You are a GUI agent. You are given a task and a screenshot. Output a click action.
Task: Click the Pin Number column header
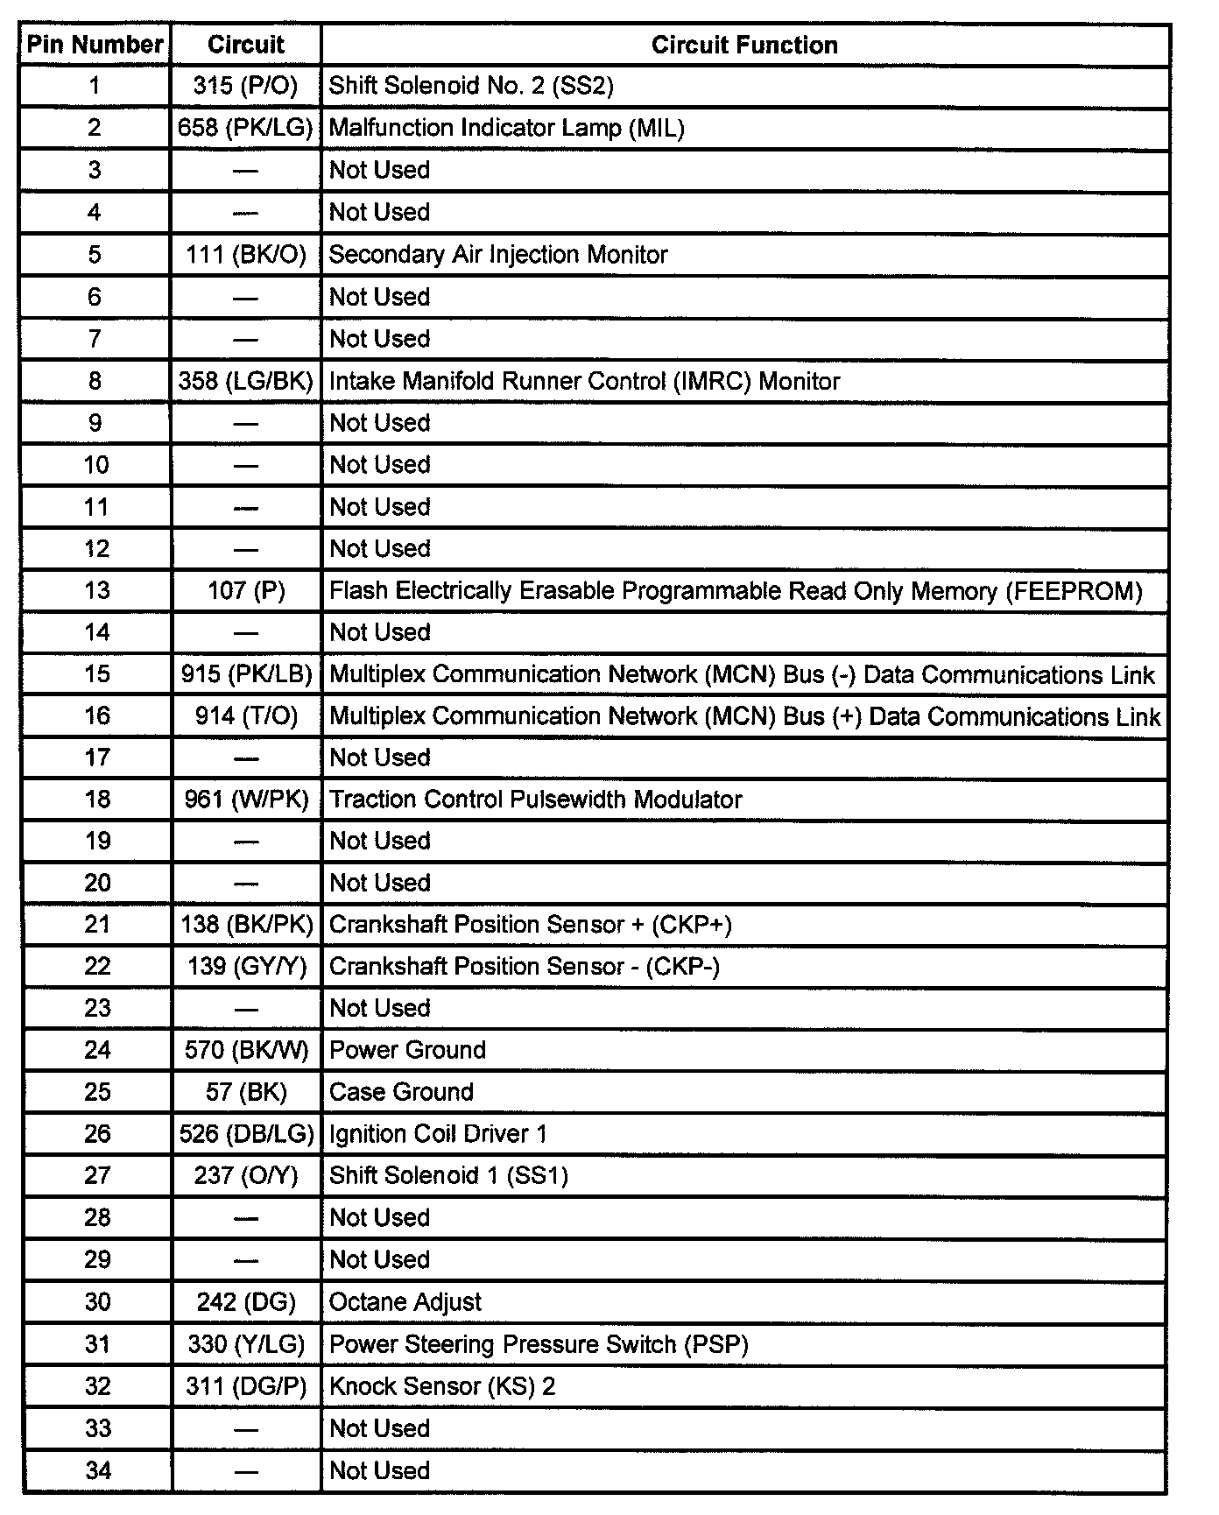click(x=95, y=45)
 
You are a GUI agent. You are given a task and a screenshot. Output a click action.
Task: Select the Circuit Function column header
click(x=744, y=46)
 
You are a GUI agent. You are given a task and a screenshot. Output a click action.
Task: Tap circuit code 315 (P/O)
click(x=245, y=86)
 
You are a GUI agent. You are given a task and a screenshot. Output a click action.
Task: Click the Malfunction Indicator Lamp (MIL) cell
click(x=506, y=129)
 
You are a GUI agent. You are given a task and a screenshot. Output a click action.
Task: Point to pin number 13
click(x=97, y=590)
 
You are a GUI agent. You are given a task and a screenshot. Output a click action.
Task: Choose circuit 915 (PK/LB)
click(x=246, y=674)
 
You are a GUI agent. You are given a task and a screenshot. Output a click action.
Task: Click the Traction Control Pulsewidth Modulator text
click(x=535, y=800)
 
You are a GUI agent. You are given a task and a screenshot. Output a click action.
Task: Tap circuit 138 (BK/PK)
click(x=246, y=925)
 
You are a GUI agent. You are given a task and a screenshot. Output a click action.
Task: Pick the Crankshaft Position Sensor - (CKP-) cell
click(x=524, y=967)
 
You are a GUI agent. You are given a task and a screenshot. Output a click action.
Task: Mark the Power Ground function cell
click(x=407, y=1050)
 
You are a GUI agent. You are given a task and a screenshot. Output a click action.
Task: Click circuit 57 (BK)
click(x=246, y=1092)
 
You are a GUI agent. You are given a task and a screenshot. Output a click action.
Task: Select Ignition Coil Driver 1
click(x=438, y=1134)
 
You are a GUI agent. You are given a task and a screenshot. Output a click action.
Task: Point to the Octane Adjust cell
click(x=405, y=1302)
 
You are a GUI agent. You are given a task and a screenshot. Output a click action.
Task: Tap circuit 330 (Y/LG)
click(x=246, y=1344)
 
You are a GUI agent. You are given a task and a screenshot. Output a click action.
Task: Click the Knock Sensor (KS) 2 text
click(x=441, y=1386)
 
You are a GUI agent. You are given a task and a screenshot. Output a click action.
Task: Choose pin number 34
click(x=98, y=1470)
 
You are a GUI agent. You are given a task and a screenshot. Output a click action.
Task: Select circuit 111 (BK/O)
click(x=246, y=255)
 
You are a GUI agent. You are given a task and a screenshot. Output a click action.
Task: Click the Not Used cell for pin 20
click(x=379, y=883)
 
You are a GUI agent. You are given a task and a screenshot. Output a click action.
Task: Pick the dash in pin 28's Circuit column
click(x=246, y=1218)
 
